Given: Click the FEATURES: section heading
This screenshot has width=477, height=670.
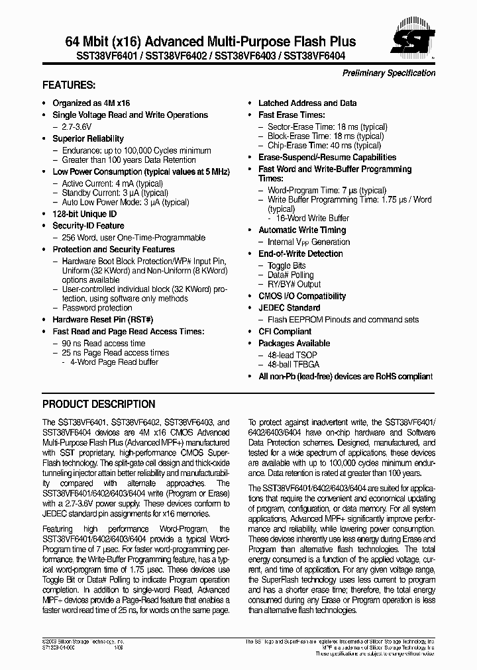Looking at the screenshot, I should (x=69, y=85).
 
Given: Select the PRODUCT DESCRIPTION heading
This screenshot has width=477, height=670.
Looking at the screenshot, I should (x=99, y=404).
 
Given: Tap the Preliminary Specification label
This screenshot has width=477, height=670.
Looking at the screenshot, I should (x=388, y=73).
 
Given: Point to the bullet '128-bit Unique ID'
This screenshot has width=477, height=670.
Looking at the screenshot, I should (x=84, y=215).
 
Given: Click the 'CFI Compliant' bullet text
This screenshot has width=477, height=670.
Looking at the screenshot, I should (x=284, y=331).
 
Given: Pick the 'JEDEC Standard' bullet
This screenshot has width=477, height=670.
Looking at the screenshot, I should (x=289, y=308).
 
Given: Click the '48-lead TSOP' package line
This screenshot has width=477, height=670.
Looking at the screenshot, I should (x=292, y=355).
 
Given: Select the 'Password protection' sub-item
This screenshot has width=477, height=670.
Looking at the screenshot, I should (x=97, y=308).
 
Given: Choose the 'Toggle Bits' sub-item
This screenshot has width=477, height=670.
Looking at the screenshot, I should (x=286, y=265).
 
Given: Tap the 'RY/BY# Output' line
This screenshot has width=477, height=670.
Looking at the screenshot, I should (x=293, y=285).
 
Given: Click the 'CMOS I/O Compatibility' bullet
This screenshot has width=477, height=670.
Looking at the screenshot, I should (x=301, y=296).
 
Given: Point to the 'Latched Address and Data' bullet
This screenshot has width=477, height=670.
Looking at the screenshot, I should (x=307, y=103).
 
